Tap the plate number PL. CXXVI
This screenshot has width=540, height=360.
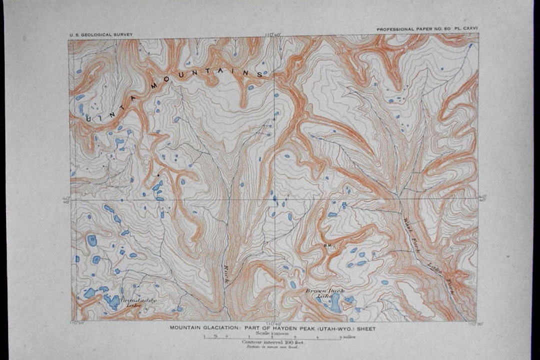pos(465,30)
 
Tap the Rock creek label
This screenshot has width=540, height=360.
pos(226,274)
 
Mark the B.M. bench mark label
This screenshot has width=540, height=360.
pos(328,245)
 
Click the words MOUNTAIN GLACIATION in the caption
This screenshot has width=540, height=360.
pos(203,328)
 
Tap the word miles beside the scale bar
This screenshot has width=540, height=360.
pos(348,337)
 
